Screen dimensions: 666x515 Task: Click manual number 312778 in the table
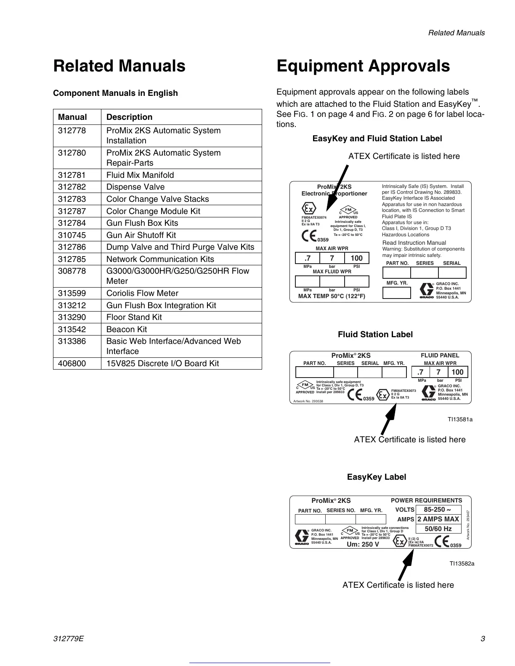point(72,131)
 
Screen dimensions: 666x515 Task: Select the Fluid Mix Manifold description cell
point(140,175)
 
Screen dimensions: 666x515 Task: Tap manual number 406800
point(72,363)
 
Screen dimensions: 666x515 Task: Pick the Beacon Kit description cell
point(127,329)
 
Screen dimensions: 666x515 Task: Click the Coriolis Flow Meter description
point(142,293)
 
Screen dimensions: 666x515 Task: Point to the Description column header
point(129,117)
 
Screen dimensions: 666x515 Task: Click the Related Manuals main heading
point(119,66)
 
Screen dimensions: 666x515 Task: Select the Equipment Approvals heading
point(363,66)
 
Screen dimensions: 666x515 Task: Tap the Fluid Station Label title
point(375,334)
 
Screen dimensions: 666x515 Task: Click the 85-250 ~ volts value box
point(438,510)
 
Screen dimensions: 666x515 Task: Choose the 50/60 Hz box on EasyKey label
point(438,529)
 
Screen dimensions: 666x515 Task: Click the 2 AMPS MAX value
point(438,519)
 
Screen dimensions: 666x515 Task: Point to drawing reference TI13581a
point(460,419)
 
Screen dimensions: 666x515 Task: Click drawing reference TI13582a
point(462,563)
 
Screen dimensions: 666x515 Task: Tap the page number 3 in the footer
point(483,639)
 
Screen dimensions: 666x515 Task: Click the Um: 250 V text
point(363,544)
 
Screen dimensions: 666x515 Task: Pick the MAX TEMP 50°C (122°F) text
point(332,296)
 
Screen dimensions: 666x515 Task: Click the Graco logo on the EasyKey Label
point(302,537)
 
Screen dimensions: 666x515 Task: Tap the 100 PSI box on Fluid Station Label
point(457,372)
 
